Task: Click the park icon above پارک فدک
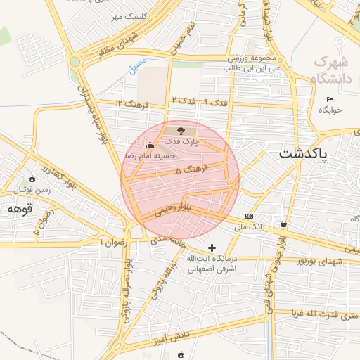[x=182, y=130]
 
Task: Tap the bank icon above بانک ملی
[x=249, y=216]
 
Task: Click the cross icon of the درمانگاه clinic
[x=212, y=247]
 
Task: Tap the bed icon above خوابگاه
[x=330, y=99]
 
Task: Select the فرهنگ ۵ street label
[x=188, y=170]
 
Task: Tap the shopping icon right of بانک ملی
[x=283, y=224]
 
